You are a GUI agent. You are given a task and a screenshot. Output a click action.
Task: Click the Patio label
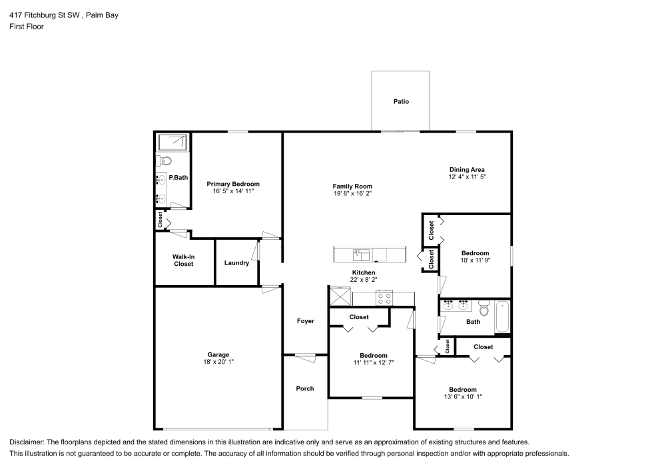click(400, 102)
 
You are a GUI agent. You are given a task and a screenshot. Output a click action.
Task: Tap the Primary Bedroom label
click(232, 184)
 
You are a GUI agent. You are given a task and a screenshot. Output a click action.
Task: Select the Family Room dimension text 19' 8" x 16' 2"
click(352, 194)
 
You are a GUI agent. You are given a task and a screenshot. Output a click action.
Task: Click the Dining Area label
click(466, 169)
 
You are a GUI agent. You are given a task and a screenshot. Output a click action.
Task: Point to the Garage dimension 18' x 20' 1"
click(218, 362)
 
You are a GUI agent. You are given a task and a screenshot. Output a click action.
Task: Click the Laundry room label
click(236, 263)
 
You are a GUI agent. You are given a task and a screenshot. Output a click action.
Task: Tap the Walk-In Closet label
click(183, 260)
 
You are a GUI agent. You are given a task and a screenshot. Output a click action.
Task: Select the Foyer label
click(305, 321)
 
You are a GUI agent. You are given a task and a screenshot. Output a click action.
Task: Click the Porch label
click(305, 388)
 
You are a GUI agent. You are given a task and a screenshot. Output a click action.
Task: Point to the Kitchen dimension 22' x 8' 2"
click(364, 280)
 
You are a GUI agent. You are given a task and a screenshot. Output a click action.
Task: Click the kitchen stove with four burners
click(384, 298)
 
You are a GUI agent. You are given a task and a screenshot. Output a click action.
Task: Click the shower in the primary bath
click(173, 142)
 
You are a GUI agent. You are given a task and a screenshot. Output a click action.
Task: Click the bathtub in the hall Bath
click(502, 317)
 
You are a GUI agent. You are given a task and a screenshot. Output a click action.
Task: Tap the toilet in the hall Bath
click(484, 308)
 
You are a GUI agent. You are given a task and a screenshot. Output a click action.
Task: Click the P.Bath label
click(178, 178)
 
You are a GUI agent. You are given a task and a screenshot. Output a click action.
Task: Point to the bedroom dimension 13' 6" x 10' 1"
click(462, 397)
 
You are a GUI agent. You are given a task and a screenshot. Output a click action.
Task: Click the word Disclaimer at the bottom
click(27, 442)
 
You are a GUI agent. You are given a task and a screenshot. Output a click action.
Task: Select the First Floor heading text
click(27, 27)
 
